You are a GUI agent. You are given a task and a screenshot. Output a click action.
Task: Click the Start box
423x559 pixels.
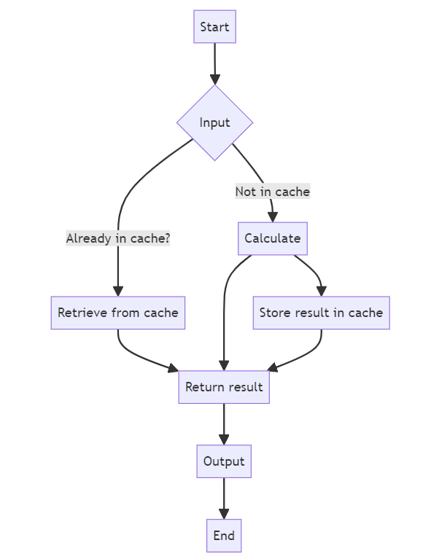(x=214, y=27)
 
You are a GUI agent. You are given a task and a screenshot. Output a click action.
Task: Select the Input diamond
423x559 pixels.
(x=214, y=122)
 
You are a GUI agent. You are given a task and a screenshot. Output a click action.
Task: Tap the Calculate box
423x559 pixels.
(x=273, y=238)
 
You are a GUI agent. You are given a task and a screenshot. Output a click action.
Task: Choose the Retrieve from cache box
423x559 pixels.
(x=118, y=313)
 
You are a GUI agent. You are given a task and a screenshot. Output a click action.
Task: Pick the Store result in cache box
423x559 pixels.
(x=322, y=313)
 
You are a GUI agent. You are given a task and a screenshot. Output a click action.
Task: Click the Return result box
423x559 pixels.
(x=224, y=387)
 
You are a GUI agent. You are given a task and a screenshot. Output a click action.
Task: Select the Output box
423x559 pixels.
(x=224, y=461)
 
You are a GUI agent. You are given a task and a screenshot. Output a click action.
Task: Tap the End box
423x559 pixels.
(x=224, y=536)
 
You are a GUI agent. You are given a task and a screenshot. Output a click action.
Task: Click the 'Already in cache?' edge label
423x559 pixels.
(x=118, y=238)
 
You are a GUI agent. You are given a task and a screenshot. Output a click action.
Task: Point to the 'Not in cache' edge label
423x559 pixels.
(x=273, y=192)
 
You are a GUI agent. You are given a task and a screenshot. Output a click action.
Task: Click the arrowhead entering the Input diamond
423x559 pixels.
(x=214, y=79)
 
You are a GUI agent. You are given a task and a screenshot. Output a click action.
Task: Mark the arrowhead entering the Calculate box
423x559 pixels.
(x=273, y=217)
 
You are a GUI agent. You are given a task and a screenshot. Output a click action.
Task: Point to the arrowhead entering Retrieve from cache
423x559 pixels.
(x=118, y=292)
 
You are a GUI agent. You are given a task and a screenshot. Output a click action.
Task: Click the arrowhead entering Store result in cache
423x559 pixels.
(x=322, y=292)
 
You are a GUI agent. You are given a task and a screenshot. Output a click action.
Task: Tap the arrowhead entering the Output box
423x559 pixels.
(x=224, y=439)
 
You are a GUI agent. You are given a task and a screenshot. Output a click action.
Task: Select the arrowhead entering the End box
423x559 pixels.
(x=224, y=514)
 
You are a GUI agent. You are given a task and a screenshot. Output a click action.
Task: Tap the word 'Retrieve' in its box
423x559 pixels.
(x=82, y=313)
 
